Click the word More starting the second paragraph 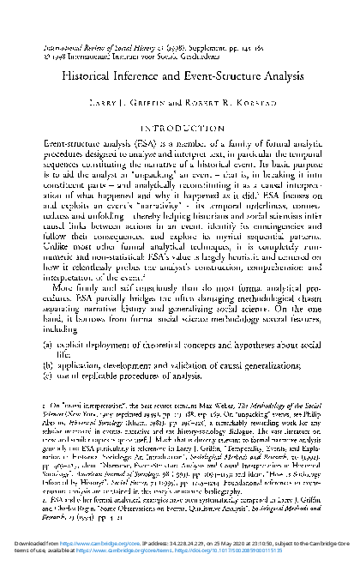click(x=64, y=296)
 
